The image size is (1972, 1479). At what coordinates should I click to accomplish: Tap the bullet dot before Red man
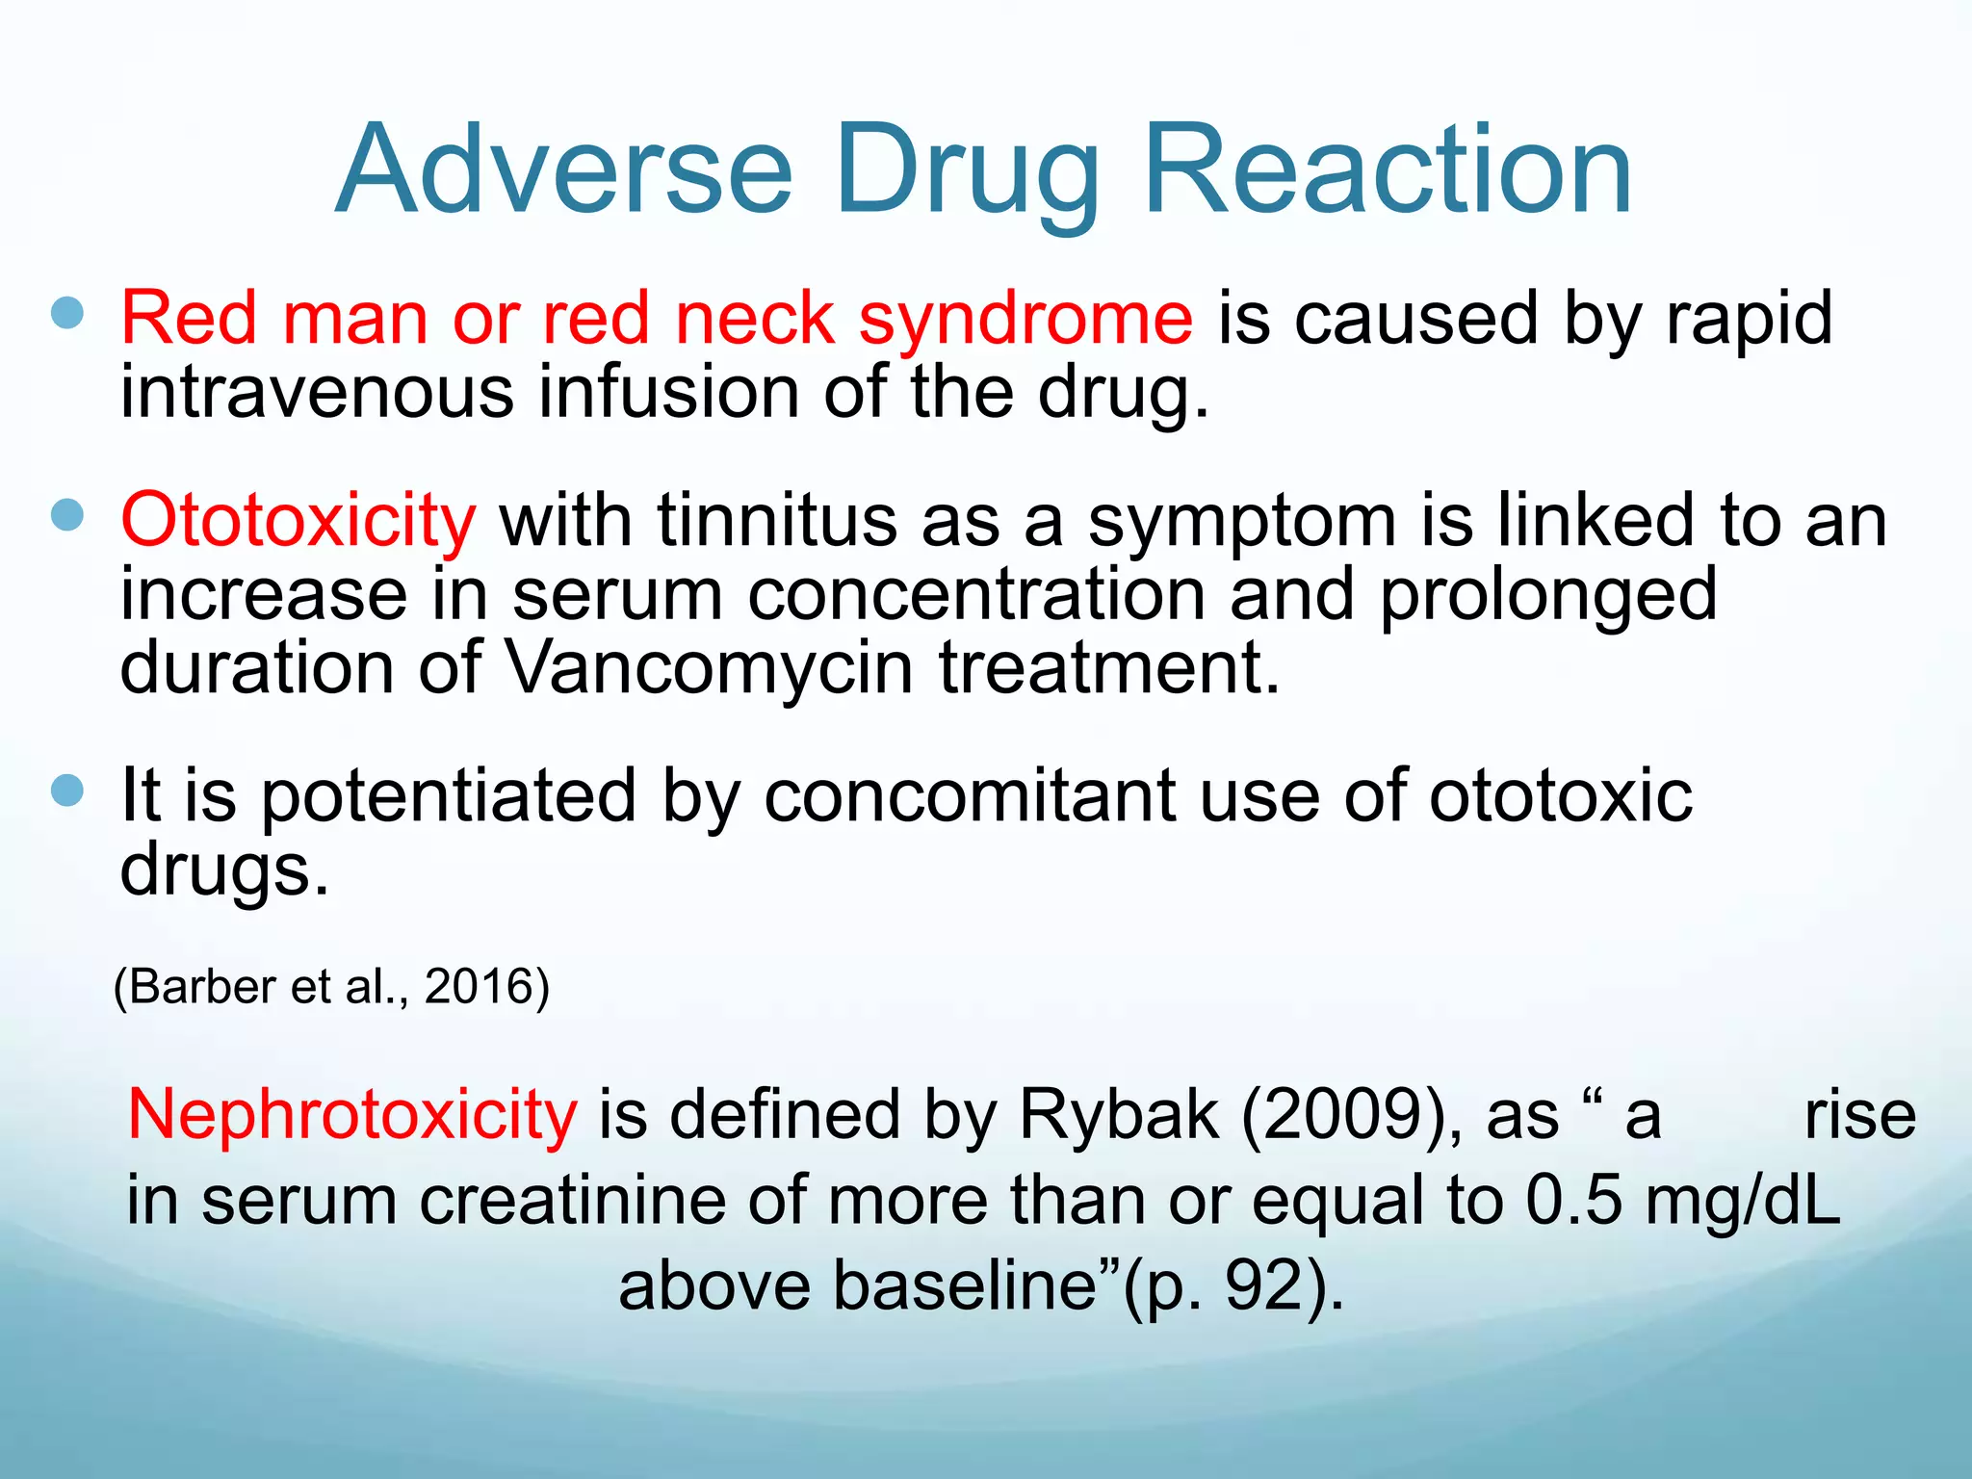point(67,313)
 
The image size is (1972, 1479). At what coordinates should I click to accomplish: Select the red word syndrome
point(1025,320)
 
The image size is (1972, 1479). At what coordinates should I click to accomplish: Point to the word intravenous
point(317,393)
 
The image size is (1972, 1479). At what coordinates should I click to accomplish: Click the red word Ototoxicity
point(298,521)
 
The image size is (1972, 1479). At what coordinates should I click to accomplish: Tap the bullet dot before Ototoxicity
point(67,515)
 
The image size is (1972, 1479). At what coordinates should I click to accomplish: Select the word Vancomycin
point(710,668)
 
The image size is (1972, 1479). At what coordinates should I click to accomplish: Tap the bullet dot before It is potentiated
point(67,791)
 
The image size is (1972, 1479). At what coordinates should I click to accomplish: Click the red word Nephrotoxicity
point(351,1115)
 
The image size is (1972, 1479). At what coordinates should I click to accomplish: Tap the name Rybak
point(1117,1115)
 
